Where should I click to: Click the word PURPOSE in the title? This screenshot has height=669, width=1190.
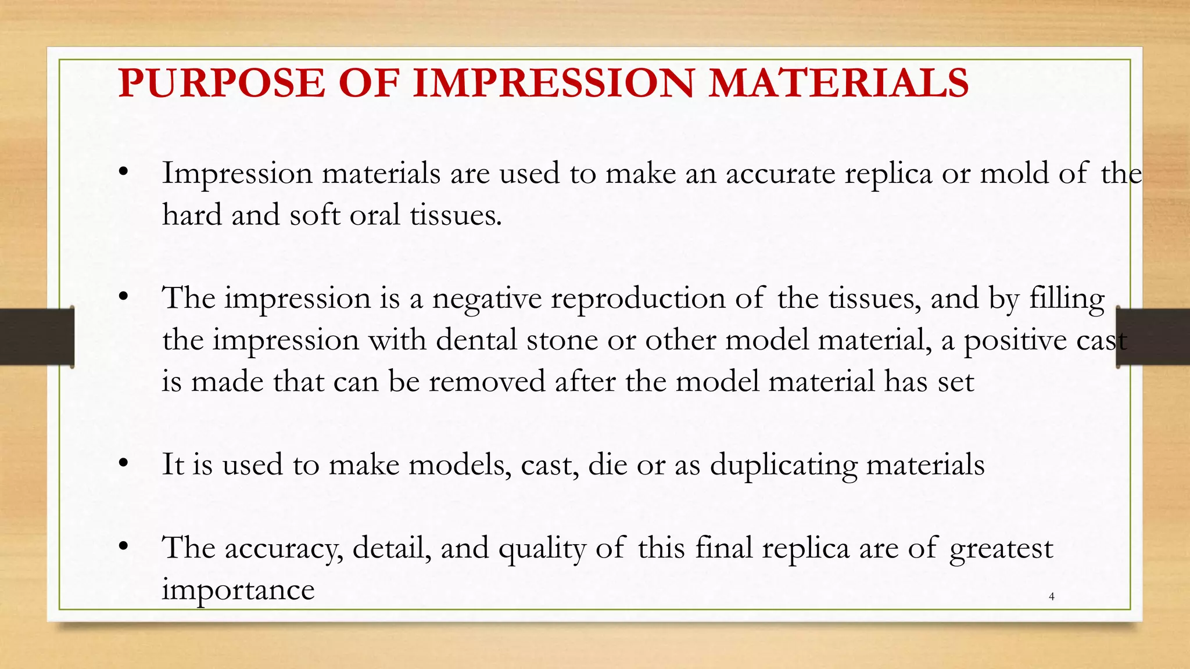pyautogui.click(x=221, y=82)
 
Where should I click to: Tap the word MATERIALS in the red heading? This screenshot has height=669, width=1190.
pyautogui.click(x=838, y=82)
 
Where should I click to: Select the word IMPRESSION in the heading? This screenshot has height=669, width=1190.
pyautogui.click(x=554, y=82)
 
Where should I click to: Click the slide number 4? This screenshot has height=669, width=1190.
pyautogui.click(x=1051, y=596)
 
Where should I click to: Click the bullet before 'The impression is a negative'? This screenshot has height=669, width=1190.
pyautogui.click(x=123, y=297)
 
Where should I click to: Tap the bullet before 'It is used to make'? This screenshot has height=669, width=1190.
pyautogui.click(x=123, y=463)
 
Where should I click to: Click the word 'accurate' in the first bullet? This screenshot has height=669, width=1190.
pyautogui.click(x=780, y=174)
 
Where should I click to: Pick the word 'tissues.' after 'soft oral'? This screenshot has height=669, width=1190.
pyautogui.click(x=456, y=215)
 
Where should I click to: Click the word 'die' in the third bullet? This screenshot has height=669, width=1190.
pyautogui.click(x=607, y=465)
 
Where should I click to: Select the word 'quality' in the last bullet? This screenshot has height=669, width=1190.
pyautogui.click(x=542, y=549)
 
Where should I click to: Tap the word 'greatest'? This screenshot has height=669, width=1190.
pyautogui.click(x=1001, y=549)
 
